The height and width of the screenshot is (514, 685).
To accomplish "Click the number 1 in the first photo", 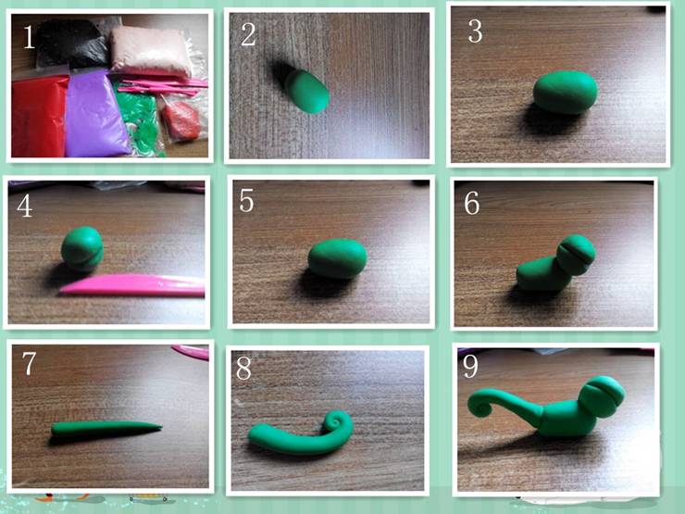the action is click(x=29, y=37).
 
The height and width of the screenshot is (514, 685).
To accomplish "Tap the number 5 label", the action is click(x=246, y=201).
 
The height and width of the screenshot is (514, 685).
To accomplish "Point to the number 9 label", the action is click(x=470, y=366).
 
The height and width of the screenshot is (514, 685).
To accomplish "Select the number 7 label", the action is click(x=29, y=363).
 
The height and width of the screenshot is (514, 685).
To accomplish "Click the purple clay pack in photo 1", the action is click(x=95, y=115).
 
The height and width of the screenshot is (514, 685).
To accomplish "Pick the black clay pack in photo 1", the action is click(x=73, y=43).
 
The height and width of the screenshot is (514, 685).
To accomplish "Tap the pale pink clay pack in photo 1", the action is click(x=151, y=51).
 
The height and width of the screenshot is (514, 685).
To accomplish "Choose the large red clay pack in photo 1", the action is click(x=39, y=117).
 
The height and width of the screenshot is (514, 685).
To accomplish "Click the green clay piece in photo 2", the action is click(x=306, y=91).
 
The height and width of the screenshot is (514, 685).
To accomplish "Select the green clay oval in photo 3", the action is click(x=566, y=93).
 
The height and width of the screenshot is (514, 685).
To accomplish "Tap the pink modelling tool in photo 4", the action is click(x=133, y=285).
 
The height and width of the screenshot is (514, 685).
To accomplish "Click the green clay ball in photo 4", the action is click(x=82, y=248).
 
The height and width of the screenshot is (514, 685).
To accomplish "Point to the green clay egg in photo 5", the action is click(x=337, y=258).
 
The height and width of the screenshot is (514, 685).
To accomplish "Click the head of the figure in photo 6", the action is click(x=576, y=255).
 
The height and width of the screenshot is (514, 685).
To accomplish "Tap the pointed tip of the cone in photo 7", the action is click(x=161, y=427).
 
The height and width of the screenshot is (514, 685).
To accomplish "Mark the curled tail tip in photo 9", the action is click(x=481, y=405).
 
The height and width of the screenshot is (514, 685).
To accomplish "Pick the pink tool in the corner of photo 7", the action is click(x=191, y=352).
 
